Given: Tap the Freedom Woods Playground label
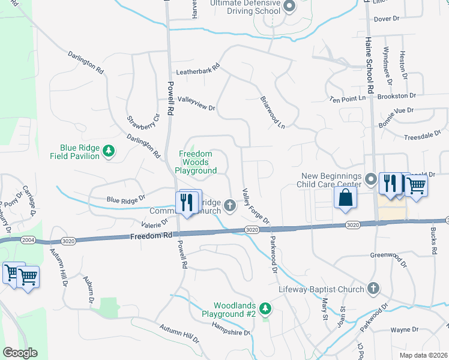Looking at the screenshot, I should (x=196, y=162).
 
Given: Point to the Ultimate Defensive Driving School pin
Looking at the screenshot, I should (x=289, y=7).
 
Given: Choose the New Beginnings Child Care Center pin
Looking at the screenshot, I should (x=372, y=179).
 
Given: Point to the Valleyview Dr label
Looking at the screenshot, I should (x=196, y=104).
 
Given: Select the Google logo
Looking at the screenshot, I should (x=20, y=352).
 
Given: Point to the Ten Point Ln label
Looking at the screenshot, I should (x=348, y=98).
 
